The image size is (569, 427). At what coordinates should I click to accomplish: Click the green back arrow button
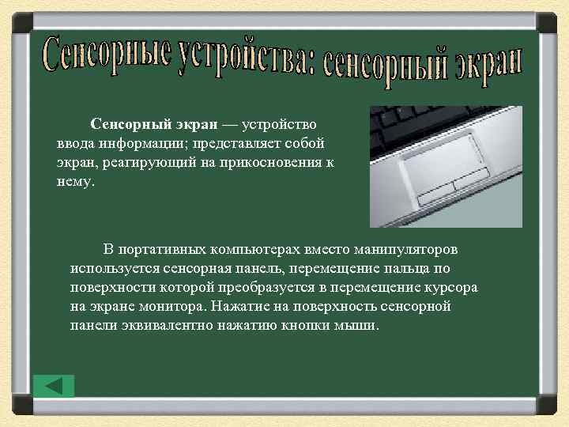click(54, 386)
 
